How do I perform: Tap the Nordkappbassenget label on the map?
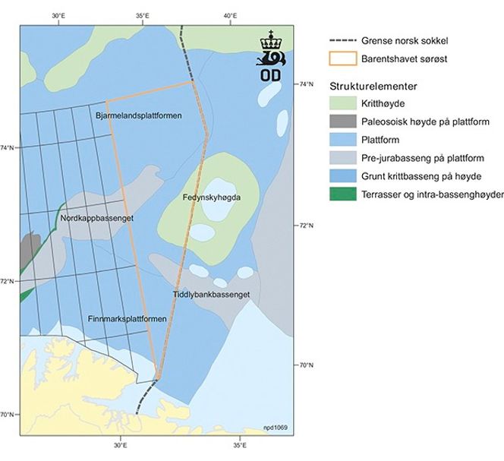(x=96, y=218)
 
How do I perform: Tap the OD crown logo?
(x=270, y=56)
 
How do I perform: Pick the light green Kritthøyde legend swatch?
(x=345, y=103)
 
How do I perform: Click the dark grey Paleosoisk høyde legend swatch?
(x=345, y=122)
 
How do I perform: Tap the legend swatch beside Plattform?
(x=345, y=140)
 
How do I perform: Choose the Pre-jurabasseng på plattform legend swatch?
(x=345, y=158)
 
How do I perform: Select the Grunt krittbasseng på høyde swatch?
(x=345, y=176)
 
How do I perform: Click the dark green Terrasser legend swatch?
(x=345, y=194)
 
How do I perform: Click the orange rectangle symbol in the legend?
(x=345, y=58)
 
